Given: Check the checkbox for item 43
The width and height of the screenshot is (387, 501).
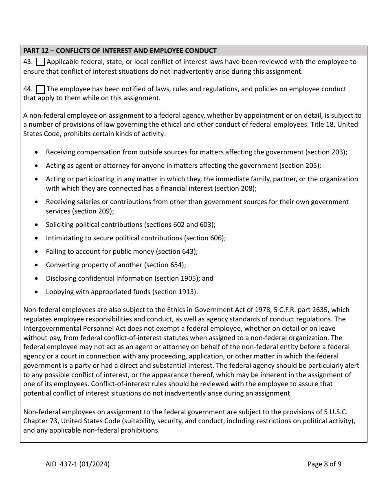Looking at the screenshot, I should coord(40,62).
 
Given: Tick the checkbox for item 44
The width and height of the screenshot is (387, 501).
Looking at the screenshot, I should coord(40,89).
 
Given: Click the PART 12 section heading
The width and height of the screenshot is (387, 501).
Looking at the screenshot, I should coord(120,51).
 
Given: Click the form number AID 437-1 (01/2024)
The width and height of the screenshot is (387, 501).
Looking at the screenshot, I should coord(78,464).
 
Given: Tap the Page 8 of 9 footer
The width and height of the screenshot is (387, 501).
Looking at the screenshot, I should coord(324,464).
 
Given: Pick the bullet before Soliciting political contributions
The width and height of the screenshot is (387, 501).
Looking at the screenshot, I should coord(37,225).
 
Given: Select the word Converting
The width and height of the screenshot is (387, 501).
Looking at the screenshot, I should coord(62,265).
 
